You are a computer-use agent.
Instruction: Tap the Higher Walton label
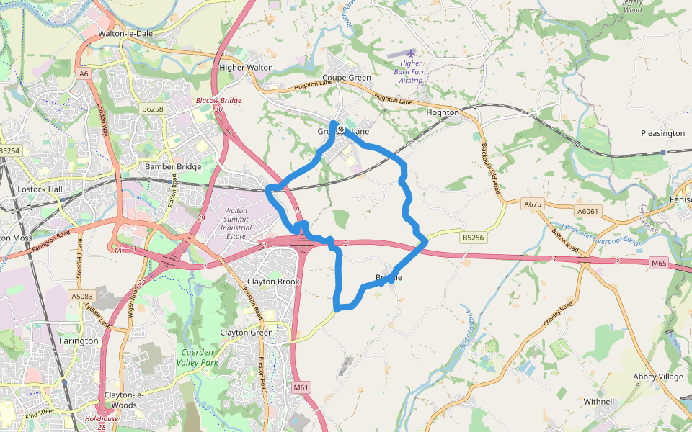pyautogui.click(x=246, y=68)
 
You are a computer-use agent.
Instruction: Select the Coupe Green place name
pyautogui.click(x=347, y=78)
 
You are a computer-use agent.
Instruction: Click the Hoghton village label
pyautogui.click(x=443, y=113)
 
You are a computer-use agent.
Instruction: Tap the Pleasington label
pyautogui.click(x=662, y=133)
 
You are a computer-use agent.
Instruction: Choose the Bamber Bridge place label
pyautogui.click(x=173, y=166)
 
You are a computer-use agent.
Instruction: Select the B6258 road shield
pyautogui.click(x=153, y=109)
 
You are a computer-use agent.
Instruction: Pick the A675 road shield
pyautogui.click(x=533, y=204)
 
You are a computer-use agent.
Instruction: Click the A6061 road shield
pyautogui.click(x=587, y=211)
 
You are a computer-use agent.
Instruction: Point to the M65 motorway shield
pyautogui.click(x=659, y=264)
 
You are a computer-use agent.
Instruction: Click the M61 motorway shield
pyautogui.click(x=301, y=388)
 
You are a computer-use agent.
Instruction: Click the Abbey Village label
pyautogui.click(x=657, y=377)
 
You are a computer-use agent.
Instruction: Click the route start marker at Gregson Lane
pyautogui.click(x=340, y=130)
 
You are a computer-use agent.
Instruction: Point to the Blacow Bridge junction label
pyautogui.click(x=218, y=100)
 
